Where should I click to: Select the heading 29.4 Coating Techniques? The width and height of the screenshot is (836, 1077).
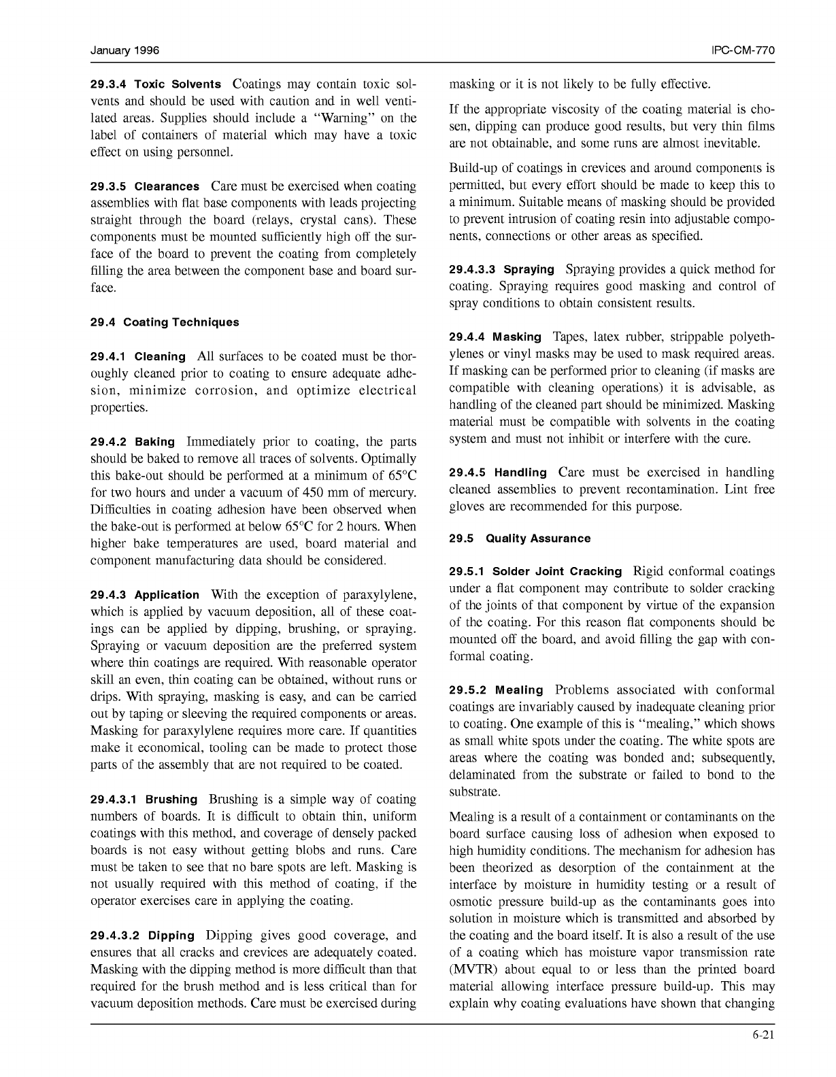[165, 322]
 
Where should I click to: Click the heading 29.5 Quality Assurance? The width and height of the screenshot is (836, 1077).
[520, 538]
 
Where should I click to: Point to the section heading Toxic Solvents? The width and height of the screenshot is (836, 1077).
[178, 85]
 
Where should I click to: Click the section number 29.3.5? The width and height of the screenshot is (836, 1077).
[108, 186]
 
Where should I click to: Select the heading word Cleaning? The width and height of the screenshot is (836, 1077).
[160, 357]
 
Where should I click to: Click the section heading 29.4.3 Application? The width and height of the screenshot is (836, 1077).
[145, 595]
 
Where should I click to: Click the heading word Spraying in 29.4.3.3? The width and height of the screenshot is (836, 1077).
[529, 270]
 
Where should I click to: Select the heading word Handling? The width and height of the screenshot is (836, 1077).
[520, 473]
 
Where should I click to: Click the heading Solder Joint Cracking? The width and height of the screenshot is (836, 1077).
[556, 572]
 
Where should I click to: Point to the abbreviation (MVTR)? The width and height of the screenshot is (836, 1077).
[475, 970]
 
